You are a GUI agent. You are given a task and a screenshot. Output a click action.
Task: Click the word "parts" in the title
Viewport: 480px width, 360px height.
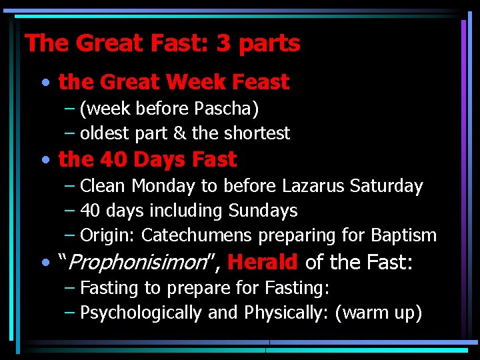click(269, 44)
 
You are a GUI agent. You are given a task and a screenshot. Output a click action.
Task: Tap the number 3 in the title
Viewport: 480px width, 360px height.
click(223, 44)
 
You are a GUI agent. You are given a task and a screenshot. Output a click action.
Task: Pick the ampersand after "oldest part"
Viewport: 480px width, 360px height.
click(179, 133)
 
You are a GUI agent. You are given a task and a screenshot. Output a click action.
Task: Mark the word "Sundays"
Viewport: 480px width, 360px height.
click(263, 211)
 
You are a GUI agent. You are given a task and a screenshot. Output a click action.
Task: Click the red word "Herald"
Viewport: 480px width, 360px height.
click(263, 263)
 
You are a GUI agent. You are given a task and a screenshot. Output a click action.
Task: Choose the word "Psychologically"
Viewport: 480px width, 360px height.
click(141, 313)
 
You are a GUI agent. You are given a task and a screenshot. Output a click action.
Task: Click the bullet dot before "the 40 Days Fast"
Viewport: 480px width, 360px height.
click(44, 161)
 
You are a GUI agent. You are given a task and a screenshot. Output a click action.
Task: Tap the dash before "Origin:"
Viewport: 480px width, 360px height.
click(70, 236)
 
